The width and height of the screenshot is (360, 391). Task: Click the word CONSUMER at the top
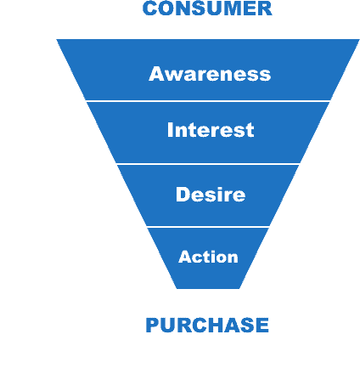pyautogui.click(x=207, y=8)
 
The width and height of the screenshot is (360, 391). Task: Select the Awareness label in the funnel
pyautogui.click(x=210, y=74)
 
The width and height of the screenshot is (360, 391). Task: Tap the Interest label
pyautogui.click(x=211, y=130)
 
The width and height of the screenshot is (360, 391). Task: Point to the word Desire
pyautogui.click(x=211, y=195)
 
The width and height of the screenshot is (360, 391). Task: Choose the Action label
pyautogui.click(x=208, y=257)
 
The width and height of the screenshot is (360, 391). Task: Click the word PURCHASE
pyautogui.click(x=207, y=326)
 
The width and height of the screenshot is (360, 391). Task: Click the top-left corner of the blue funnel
pyautogui.click(x=58, y=40)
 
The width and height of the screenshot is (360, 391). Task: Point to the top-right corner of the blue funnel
pyautogui.click(x=358, y=40)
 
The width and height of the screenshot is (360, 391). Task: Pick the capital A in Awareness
pyautogui.click(x=156, y=74)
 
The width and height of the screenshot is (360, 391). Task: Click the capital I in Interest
pyautogui.click(x=171, y=130)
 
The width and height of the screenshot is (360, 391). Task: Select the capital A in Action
pyautogui.click(x=184, y=257)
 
